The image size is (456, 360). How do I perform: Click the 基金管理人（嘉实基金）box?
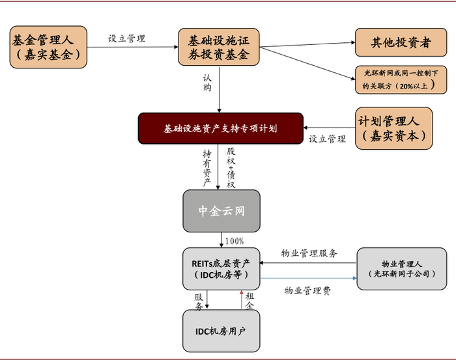click(48, 48)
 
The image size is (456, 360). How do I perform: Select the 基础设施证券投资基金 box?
click(220, 48)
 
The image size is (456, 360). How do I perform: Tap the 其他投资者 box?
click(401, 42)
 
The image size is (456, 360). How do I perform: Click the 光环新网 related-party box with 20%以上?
click(401, 79)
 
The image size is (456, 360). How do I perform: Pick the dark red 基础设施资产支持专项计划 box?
click(220, 128)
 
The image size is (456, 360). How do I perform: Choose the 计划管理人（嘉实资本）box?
click(394, 128)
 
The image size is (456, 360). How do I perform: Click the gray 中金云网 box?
click(221, 211)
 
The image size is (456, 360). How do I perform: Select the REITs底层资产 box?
click(221, 269)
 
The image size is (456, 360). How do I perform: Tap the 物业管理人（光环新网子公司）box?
click(402, 268)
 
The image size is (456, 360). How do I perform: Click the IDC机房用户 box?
click(221, 331)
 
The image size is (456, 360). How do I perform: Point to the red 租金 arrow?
click(242, 299)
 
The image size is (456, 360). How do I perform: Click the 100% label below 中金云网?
click(235, 241)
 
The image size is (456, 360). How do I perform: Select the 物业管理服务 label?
click(309, 253)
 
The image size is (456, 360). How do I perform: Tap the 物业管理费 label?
click(307, 291)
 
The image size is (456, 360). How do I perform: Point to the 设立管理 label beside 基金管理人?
click(126, 38)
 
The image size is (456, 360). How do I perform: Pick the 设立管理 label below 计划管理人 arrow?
click(327, 139)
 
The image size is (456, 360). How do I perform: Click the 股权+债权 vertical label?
click(230, 167)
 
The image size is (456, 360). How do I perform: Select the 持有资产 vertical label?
click(207, 167)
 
